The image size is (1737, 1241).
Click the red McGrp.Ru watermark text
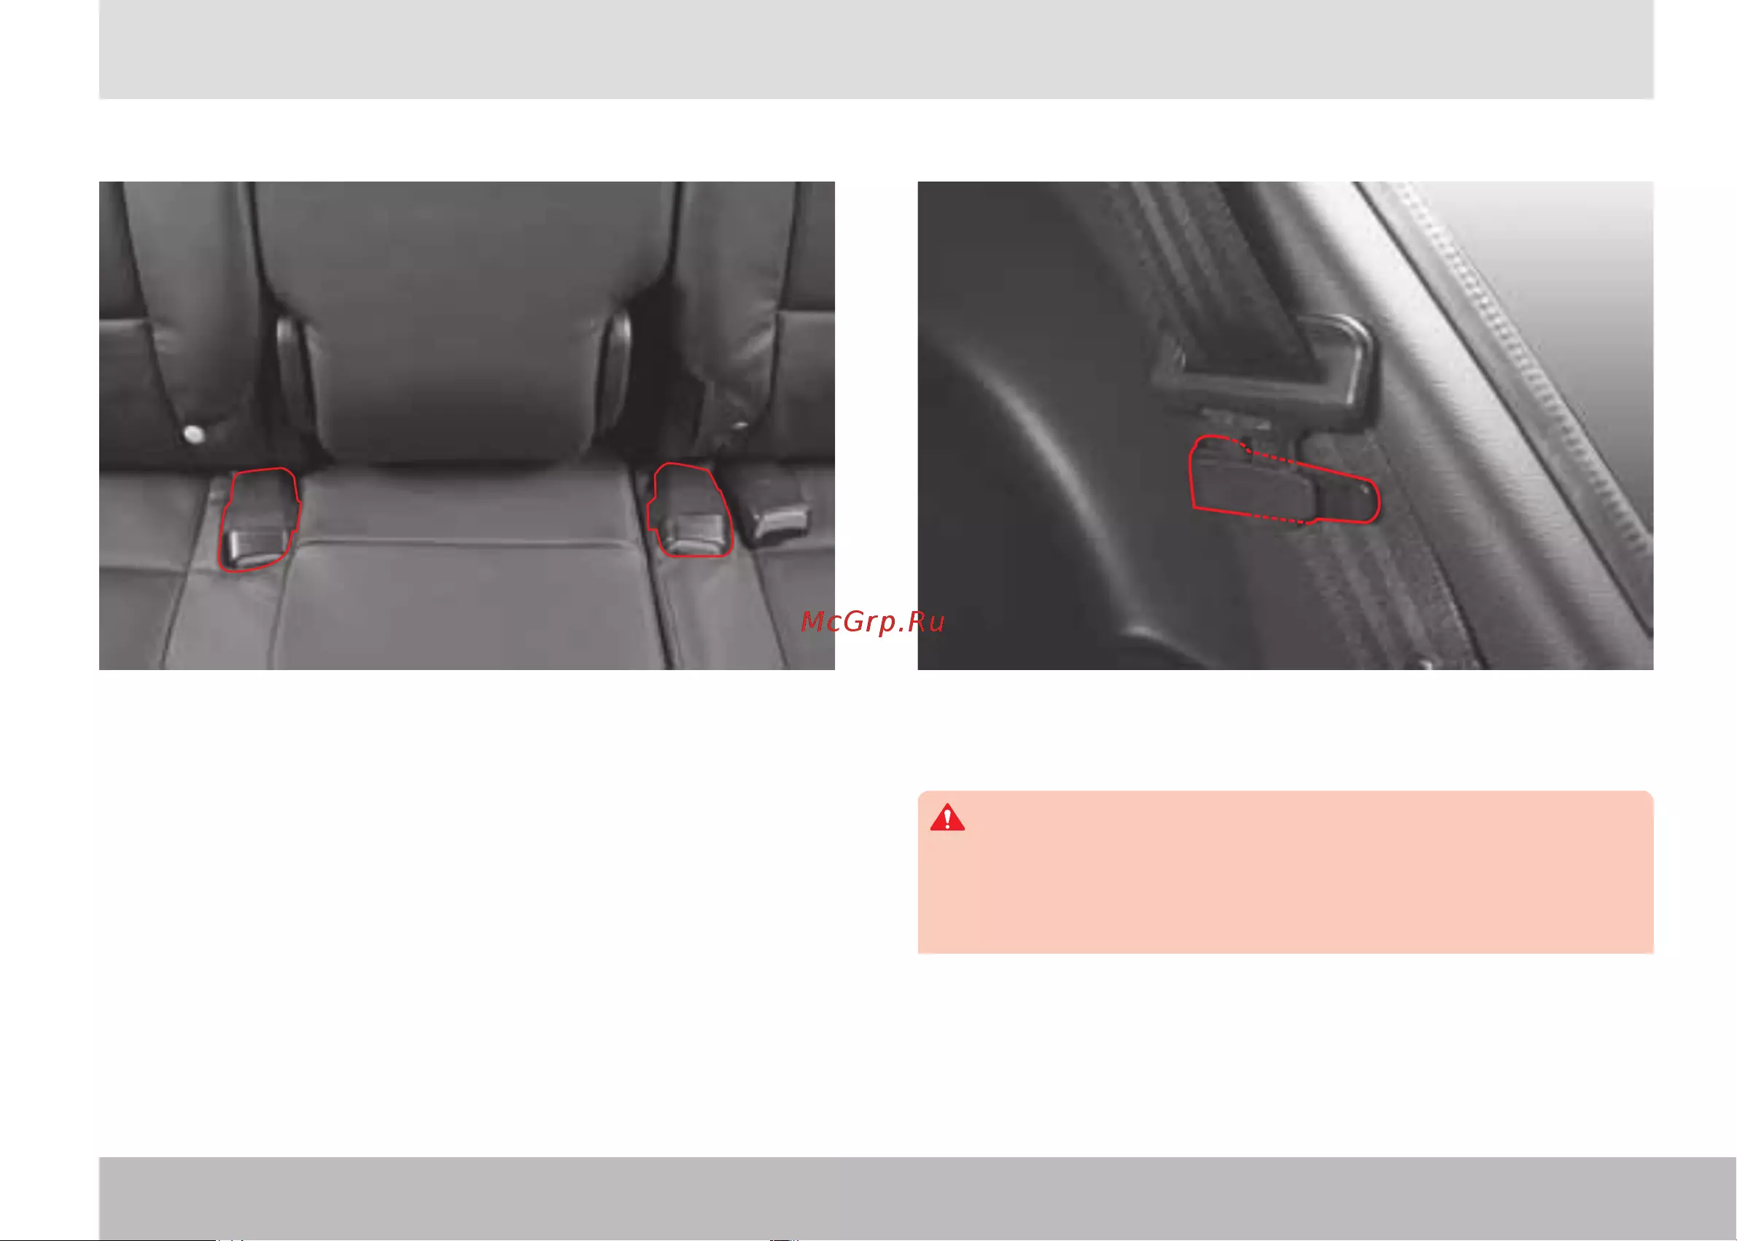(872, 622)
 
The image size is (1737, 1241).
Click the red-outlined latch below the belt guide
(1284, 481)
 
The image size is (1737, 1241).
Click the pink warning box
(1286, 872)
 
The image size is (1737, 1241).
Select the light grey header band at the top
(876, 49)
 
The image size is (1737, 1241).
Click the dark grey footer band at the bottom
(917, 1197)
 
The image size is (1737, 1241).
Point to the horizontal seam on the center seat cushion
(459, 542)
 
